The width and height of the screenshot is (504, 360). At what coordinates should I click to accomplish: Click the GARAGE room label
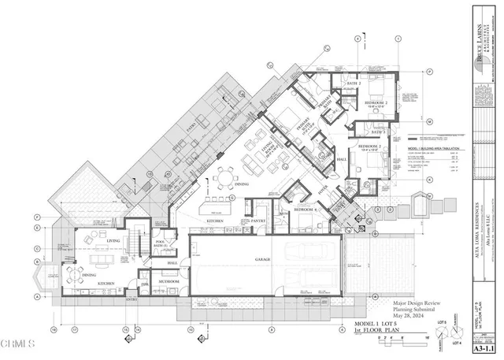261,259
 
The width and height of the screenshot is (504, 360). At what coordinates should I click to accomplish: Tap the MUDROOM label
168,281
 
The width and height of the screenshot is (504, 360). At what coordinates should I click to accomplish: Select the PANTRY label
259,223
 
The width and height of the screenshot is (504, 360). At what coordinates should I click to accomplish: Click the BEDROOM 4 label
306,210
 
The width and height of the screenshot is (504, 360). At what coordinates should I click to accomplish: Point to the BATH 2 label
354,83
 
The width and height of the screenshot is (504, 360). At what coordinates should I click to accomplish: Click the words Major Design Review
418,303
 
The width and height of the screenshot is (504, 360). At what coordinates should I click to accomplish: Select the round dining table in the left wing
79,274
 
